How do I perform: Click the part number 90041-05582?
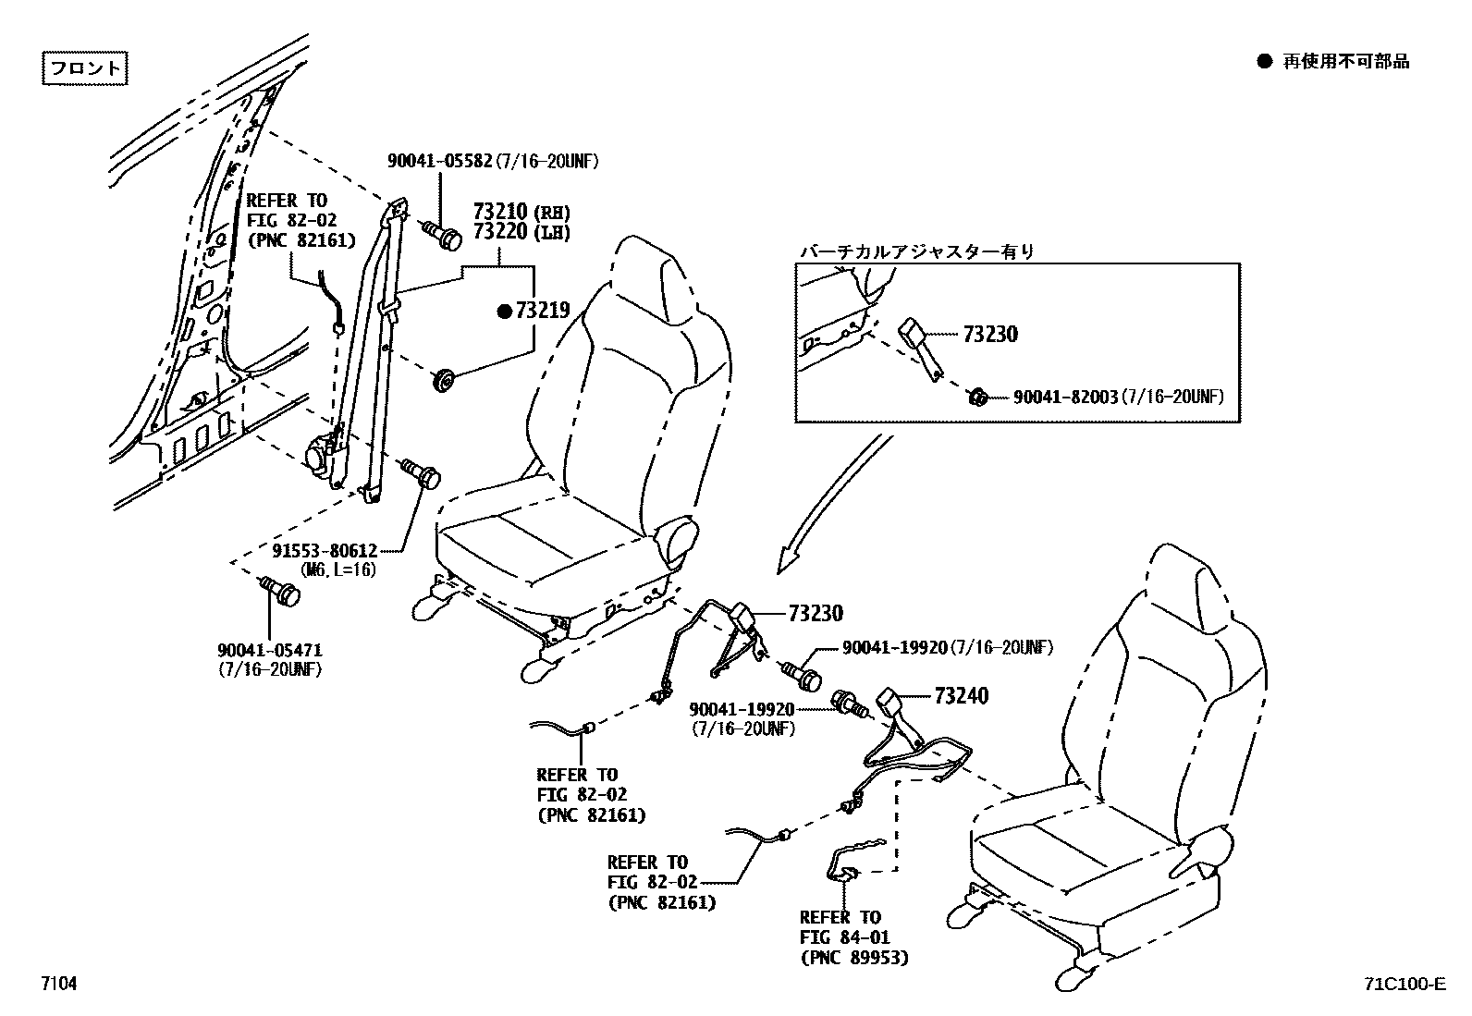point(439,162)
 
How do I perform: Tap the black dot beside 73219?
point(505,312)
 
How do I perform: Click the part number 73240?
point(961,696)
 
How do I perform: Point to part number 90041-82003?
point(1064,398)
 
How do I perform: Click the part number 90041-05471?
point(271,652)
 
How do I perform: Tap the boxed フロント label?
point(84,68)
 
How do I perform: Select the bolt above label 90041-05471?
point(280,591)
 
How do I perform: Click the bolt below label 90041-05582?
point(443,235)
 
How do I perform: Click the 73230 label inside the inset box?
point(989,335)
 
